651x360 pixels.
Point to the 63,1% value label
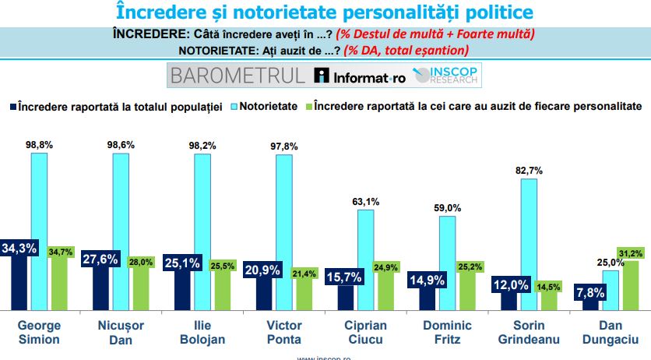pos(365,202)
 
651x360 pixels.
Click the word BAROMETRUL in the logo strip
pos(237,76)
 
